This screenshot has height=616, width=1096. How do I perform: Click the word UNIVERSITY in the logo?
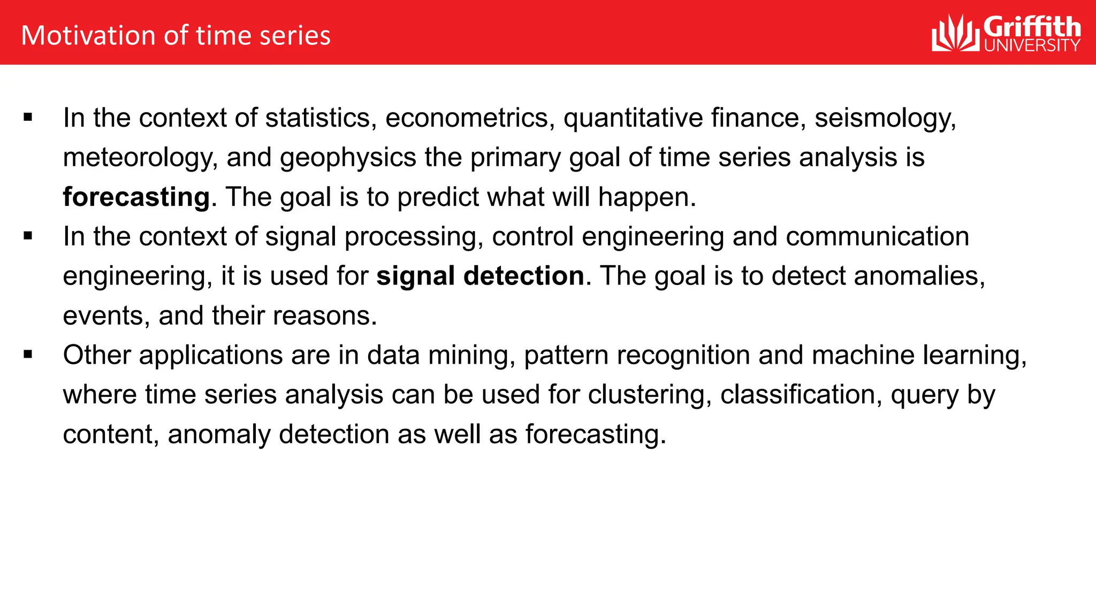click(1032, 45)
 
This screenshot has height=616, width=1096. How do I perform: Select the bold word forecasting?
click(136, 197)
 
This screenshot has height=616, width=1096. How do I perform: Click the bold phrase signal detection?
click(480, 276)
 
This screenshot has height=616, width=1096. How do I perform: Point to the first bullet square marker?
click(28, 118)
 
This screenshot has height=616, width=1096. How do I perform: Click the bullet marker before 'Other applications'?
click(28, 355)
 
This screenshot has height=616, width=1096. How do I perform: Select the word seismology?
click(885, 118)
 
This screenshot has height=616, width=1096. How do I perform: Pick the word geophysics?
click(348, 158)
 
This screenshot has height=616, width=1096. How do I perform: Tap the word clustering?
click(650, 395)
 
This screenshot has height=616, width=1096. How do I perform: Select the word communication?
click(877, 237)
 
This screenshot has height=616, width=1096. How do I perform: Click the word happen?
click(646, 197)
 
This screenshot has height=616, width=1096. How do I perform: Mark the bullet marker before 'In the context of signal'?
click(28, 236)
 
